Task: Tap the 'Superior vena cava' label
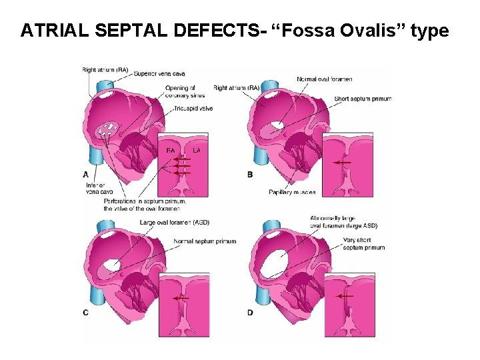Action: click(x=159, y=73)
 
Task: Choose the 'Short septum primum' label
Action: click(x=363, y=99)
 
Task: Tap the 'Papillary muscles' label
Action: click(x=292, y=192)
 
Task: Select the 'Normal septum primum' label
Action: click(x=205, y=241)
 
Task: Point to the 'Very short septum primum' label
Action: click(x=363, y=243)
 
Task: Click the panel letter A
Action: click(x=86, y=174)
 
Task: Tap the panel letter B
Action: click(x=250, y=174)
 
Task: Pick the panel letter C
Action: click(x=86, y=312)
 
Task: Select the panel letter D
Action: click(x=250, y=312)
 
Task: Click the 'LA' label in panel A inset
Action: click(x=196, y=151)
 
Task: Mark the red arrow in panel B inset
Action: click(x=343, y=162)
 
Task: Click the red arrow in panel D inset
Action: click(x=345, y=296)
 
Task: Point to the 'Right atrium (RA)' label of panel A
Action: click(x=105, y=69)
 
